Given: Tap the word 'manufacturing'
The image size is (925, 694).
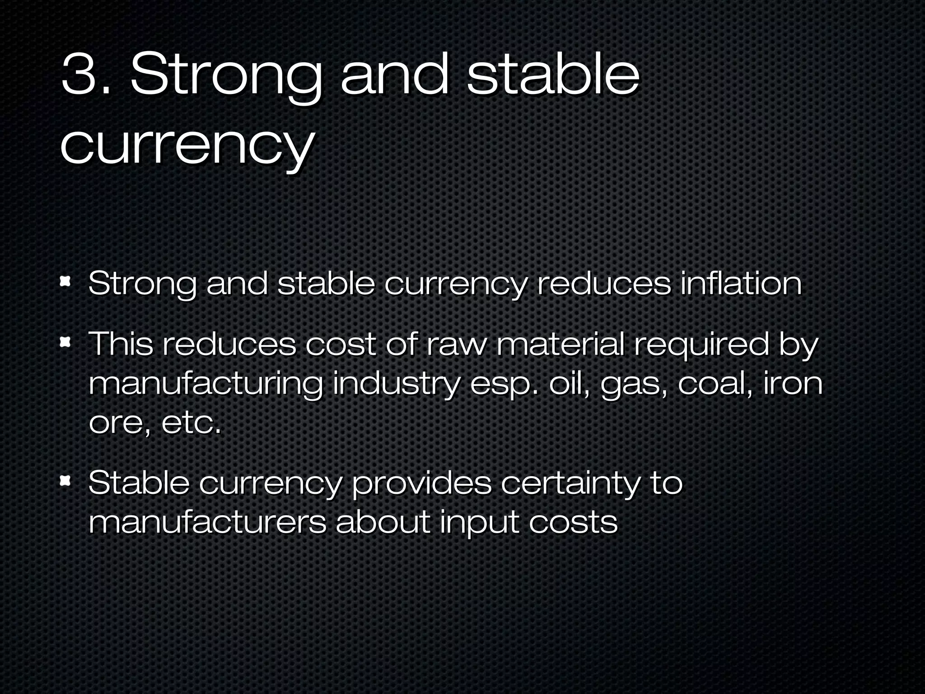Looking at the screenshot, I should (206, 385).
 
